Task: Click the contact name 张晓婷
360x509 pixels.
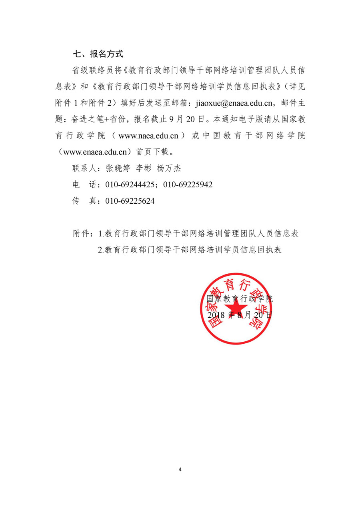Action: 118,168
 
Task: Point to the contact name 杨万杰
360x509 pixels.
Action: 169,168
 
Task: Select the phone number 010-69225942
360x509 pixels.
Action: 188,185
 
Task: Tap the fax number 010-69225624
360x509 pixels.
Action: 130,201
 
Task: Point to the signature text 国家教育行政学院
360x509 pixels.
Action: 239,299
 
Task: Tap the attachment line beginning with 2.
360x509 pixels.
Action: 190,250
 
